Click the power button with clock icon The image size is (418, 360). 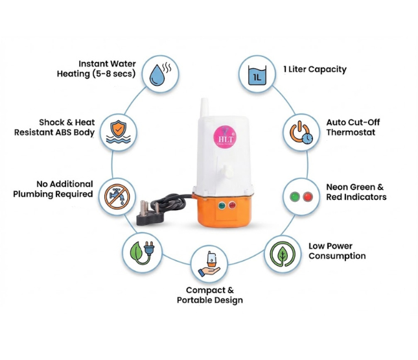pyautogui.click(x=299, y=132)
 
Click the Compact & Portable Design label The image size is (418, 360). pyautogui.click(x=209, y=295)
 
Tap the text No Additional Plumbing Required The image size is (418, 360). pyautogui.click(x=53, y=189)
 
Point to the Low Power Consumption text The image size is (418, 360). pyautogui.click(x=337, y=251)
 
